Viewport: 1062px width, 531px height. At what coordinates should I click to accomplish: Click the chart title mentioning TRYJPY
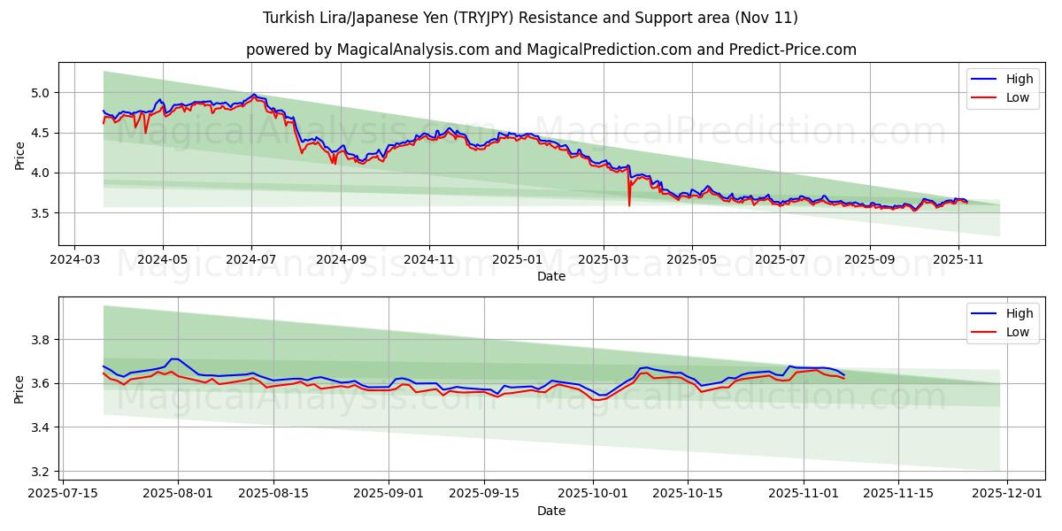(530, 18)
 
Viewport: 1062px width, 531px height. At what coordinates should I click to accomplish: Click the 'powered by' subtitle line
(550, 50)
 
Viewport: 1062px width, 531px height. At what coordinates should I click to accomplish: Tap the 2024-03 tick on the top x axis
(73, 260)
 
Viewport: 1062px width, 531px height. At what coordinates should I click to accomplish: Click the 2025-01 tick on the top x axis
(516, 260)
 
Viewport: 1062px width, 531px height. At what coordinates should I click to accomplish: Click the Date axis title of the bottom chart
(550, 511)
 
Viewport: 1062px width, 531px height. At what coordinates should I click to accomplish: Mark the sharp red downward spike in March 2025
(629, 204)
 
